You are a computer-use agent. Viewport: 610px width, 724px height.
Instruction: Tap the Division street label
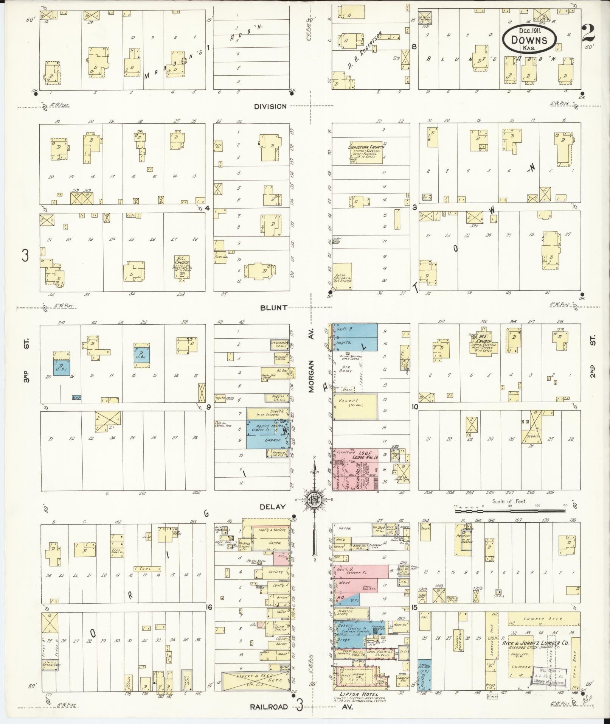coord(270,106)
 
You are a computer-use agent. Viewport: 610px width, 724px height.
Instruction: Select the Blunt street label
coord(273,308)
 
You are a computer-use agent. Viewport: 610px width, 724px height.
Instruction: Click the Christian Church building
coord(365,153)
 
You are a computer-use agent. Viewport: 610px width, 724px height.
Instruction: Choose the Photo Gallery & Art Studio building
coord(342,277)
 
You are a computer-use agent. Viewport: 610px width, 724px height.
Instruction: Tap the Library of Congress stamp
coord(549,676)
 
